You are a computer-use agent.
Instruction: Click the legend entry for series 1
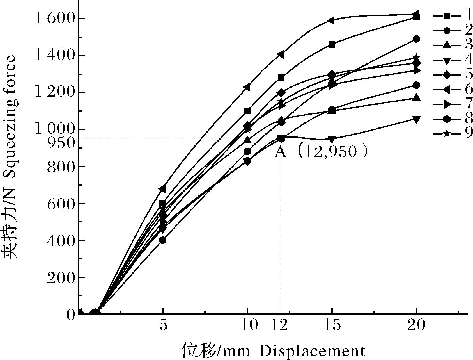tap(452, 15)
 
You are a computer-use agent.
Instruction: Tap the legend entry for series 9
tap(452, 134)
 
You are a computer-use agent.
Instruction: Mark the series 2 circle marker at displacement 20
tap(416, 39)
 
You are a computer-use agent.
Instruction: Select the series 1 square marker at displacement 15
tap(332, 45)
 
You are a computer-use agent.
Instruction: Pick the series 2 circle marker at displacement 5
tap(163, 240)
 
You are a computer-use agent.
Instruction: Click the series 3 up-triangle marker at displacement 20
tap(416, 97)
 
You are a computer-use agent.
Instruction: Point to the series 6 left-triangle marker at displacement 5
tap(162, 188)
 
